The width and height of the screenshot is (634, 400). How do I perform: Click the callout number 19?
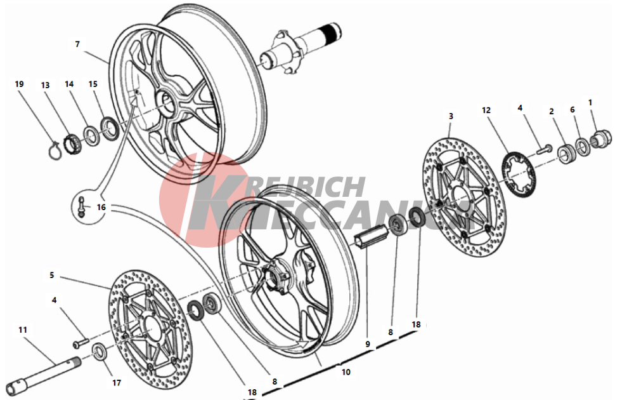tap(19, 84)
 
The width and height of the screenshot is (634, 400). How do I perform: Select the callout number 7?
tap(77, 44)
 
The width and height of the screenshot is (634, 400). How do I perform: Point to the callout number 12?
tap(486, 110)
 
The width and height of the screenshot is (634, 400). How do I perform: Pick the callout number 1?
tap(590, 102)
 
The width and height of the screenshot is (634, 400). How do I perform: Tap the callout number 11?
tap(23, 330)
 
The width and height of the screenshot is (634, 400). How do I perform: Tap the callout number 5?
tap(52, 276)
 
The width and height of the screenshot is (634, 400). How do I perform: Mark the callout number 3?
tap(451, 116)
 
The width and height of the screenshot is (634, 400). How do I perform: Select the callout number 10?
tap(346, 372)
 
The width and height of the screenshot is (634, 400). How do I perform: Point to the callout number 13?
tap(45, 84)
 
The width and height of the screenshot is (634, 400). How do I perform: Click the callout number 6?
tap(573, 110)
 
